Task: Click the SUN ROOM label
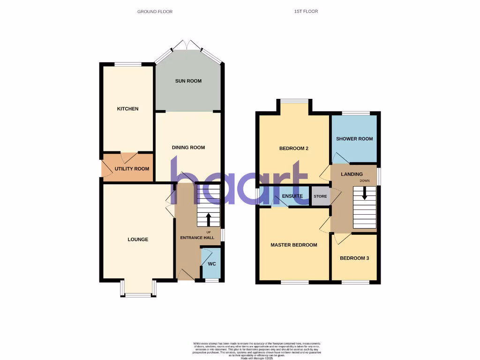[x=188, y=81]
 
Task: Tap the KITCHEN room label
[x=127, y=109]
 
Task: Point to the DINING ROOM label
[x=188, y=148]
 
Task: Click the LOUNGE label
[x=138, y=240]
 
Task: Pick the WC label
[x=211, y=263]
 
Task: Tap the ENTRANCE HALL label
[x=197, y=238]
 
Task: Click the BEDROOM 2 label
[x=293, y=149]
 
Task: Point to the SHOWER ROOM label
[x=354, y=139]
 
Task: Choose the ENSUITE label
[x=292, y=196]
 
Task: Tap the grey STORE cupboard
[x=320, y=196]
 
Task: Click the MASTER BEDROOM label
[x=293, y=245]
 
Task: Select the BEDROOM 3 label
[x=354, y=258]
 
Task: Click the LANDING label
[x=352, y=174]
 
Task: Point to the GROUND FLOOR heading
[x=155, y=11]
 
